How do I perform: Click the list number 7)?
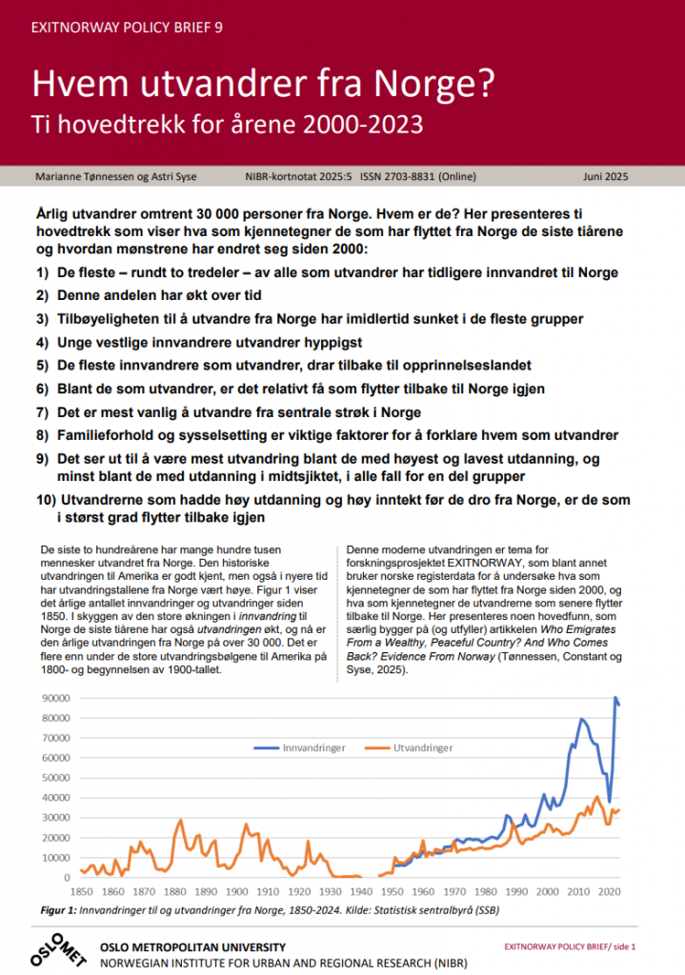(x=43, y=412)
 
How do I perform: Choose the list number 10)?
(x=47, y=500)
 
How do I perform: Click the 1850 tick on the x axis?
(x=81, y=891)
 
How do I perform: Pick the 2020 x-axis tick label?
(x=609, y=891)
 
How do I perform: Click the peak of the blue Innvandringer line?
(x=614, y=699)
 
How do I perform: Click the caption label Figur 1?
(x=60, y=910)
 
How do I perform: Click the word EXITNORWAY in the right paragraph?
(x=460, y=563)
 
